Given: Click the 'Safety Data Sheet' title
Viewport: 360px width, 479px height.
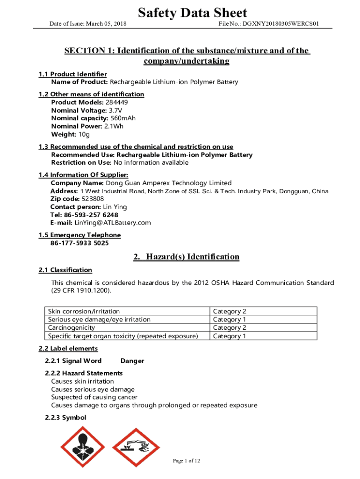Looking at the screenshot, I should (192, 13).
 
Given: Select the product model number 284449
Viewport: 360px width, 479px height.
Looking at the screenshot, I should (117, 102).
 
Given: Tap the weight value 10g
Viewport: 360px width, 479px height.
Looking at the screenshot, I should (84, 135).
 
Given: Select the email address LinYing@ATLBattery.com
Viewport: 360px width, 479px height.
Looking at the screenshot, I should (113, 223).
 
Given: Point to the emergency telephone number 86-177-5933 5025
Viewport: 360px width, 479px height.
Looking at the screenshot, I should (79, 243).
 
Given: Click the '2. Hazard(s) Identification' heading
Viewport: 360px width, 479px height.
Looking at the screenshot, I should (186, 257).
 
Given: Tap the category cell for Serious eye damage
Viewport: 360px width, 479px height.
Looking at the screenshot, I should (230, 319).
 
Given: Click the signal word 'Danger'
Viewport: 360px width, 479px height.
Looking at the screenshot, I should (132, 361).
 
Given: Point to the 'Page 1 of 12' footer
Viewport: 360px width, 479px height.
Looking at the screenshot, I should (187, 461).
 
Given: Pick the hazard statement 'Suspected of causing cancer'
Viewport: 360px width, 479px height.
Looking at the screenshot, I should (94, 397).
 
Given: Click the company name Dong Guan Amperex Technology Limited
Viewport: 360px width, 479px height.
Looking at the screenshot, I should (169, 183).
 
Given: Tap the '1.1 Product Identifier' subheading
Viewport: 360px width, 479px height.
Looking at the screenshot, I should (72, 74).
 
